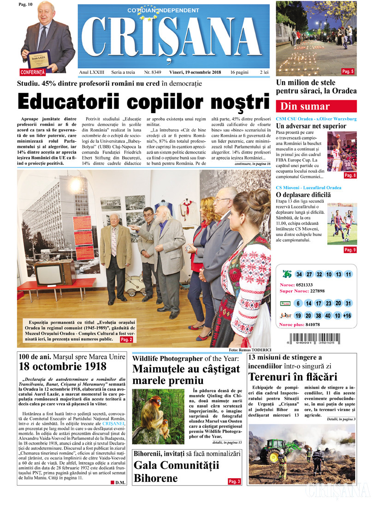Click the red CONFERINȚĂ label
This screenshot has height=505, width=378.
tap(33, 72)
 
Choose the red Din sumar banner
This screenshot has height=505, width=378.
tap(316, 107)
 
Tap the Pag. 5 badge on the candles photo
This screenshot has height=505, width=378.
tap(348, 72)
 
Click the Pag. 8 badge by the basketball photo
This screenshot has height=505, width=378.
tap(350, 175)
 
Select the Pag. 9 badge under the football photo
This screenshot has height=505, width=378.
tap(350, 250)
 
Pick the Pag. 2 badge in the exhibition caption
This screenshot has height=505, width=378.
tap(126, 340)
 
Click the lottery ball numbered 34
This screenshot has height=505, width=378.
tap(299, 274)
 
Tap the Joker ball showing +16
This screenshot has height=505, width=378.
tap(347, 316)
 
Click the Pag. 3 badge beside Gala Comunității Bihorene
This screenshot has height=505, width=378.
tap(234, 482)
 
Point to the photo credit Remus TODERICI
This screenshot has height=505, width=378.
tap(254, 350)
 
